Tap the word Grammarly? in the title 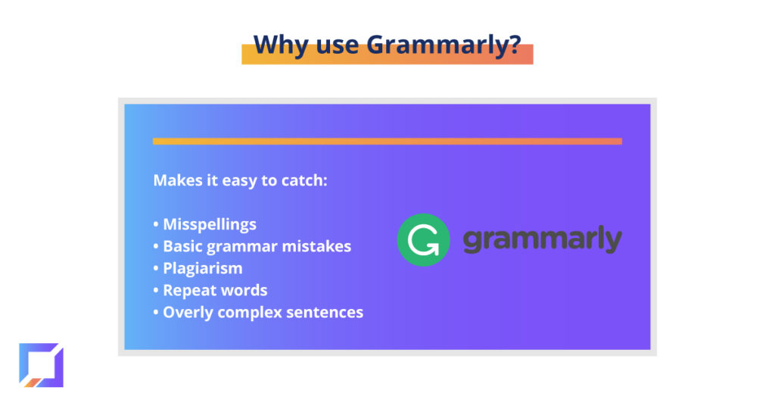(x=444, y=45)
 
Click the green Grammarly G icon (x=424, y=240)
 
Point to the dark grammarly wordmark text (x=542, y=240)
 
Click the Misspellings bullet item (x=210, y=224)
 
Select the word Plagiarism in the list (x=203, y=269)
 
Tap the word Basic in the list (x=182, y=246)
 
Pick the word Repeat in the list (x=185, y=290)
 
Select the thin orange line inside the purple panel (x=387, y=142)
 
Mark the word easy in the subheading (x=239, y=181)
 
